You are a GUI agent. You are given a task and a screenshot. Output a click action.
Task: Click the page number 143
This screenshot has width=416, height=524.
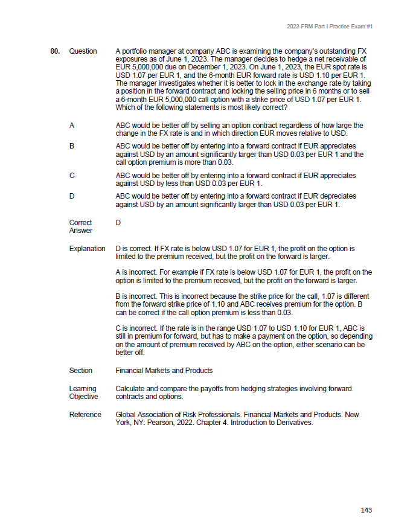pos(366,510)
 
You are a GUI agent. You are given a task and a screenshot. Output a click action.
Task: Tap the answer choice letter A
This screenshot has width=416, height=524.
pos(72,126)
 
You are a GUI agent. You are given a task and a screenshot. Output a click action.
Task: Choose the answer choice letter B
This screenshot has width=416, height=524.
pos(72,146)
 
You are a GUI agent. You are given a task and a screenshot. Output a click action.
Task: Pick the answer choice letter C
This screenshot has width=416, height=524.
pos(72,176)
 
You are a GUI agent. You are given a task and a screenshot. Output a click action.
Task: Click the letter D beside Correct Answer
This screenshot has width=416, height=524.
pos(118,223)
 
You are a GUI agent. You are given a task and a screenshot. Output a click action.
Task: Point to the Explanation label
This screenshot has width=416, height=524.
pos(87,248)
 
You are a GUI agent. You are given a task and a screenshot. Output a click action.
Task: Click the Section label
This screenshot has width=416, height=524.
pos(81,371)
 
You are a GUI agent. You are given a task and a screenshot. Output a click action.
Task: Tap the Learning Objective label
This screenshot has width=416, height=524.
pos(83,392)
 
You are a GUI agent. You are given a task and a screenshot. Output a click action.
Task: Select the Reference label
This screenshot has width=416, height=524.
pos(85,415)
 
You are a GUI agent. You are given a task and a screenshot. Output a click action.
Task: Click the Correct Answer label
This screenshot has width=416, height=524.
pos(81,226)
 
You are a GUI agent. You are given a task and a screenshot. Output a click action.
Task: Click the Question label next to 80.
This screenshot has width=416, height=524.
pos(83,51)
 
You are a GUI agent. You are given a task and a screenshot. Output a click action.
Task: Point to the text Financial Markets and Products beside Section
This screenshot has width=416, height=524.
pos(164,371)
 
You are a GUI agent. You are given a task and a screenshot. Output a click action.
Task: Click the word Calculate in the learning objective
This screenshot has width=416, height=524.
pos(130,389)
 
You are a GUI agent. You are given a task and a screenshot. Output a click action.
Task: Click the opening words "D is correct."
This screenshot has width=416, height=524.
pos(133,248)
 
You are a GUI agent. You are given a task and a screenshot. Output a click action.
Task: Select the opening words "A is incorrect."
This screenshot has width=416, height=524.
pos(136,272)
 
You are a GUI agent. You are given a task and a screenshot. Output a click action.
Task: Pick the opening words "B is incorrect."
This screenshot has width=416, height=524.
pos(136,296)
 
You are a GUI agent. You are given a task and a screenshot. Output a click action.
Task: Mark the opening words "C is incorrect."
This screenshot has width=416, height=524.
pos(136,328)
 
